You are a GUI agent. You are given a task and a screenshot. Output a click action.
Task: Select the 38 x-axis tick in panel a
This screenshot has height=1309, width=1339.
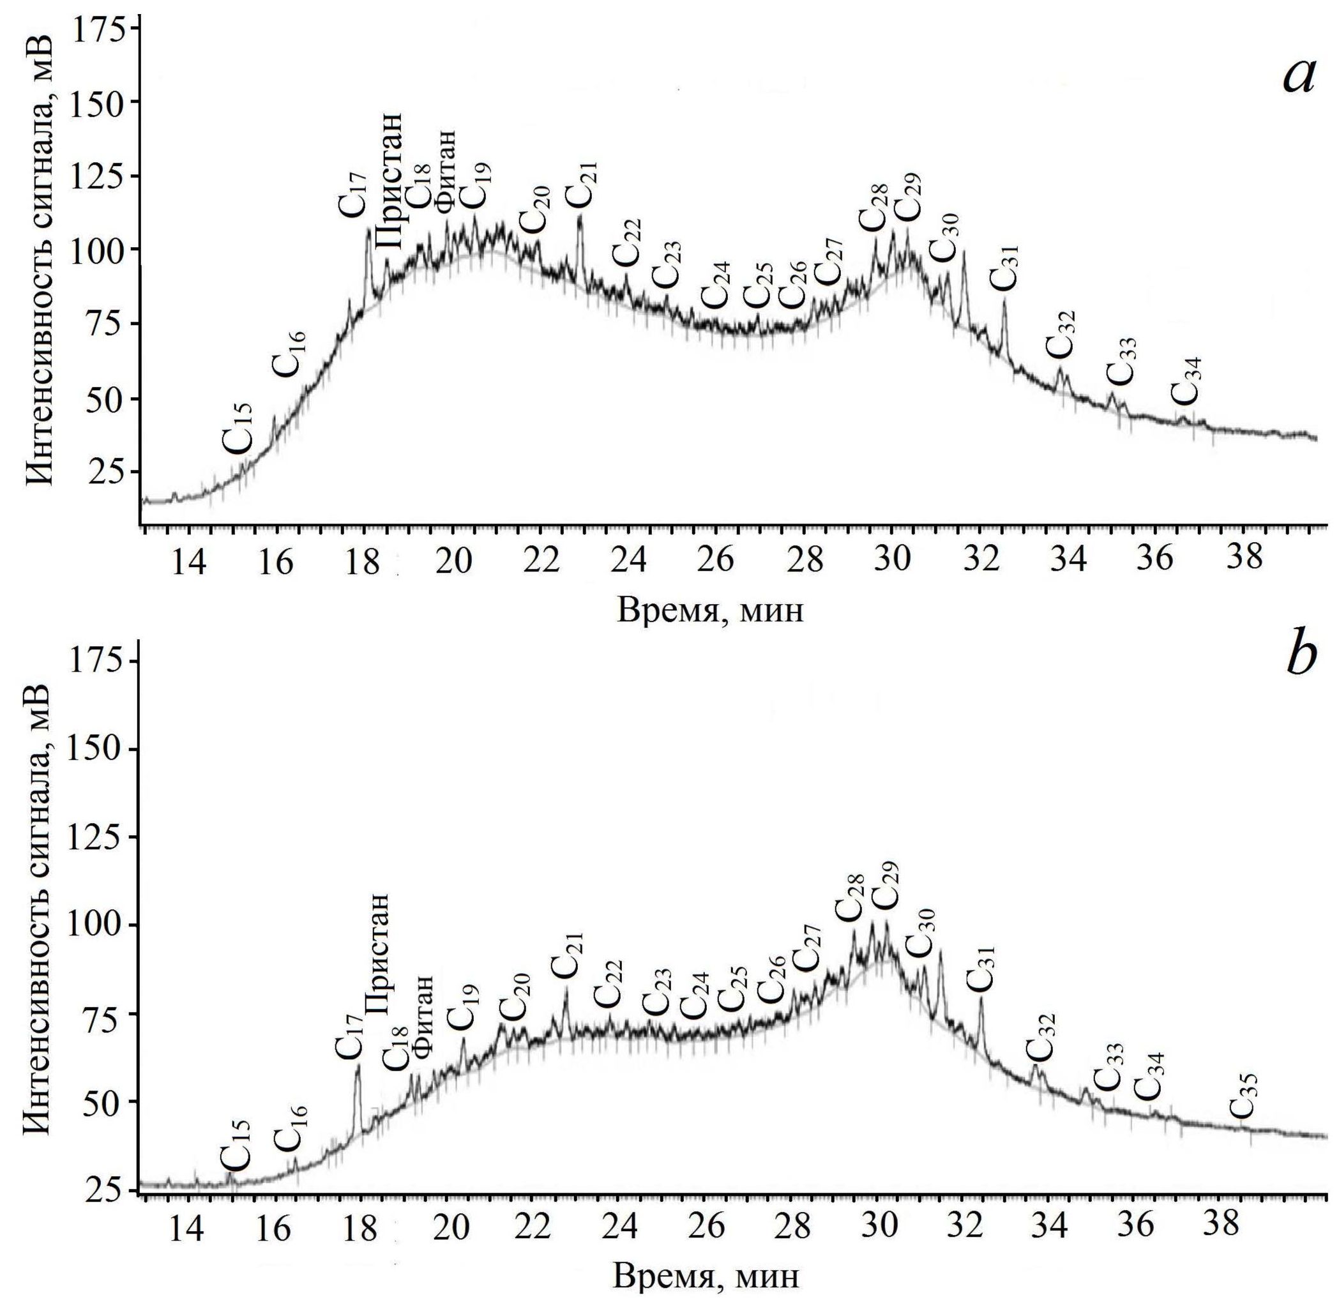[x=1244, y=557]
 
